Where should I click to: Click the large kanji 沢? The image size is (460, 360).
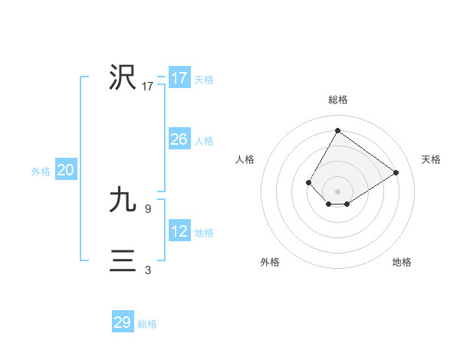click(122, 77)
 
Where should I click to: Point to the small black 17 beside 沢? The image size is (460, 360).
click(148, 87)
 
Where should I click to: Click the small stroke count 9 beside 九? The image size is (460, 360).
click(148, 208)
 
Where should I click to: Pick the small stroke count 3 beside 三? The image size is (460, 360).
click(148, 270)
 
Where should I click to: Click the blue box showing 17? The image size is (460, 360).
click(179, 78)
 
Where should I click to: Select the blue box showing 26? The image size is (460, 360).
click(179, 139)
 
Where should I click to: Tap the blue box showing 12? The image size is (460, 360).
click(179, 231)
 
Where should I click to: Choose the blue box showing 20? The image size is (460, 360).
click(65, 170)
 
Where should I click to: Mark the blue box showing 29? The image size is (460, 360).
click(123, 322)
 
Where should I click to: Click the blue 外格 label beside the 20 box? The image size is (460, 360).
click(41, 172)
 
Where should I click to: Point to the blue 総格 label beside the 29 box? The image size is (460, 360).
click(147, 324)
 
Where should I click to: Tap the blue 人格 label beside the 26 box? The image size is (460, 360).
click(204, 141)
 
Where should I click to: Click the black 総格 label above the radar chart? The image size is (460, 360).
click(338, 100)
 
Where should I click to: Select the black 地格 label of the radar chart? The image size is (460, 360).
click(402, 262)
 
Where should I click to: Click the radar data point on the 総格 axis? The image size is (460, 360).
click(337, 130)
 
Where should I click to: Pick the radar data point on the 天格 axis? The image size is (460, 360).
click(396, 172)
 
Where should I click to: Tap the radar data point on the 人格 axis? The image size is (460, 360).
click(309, 182)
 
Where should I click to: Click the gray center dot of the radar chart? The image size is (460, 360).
click(337, 191)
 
